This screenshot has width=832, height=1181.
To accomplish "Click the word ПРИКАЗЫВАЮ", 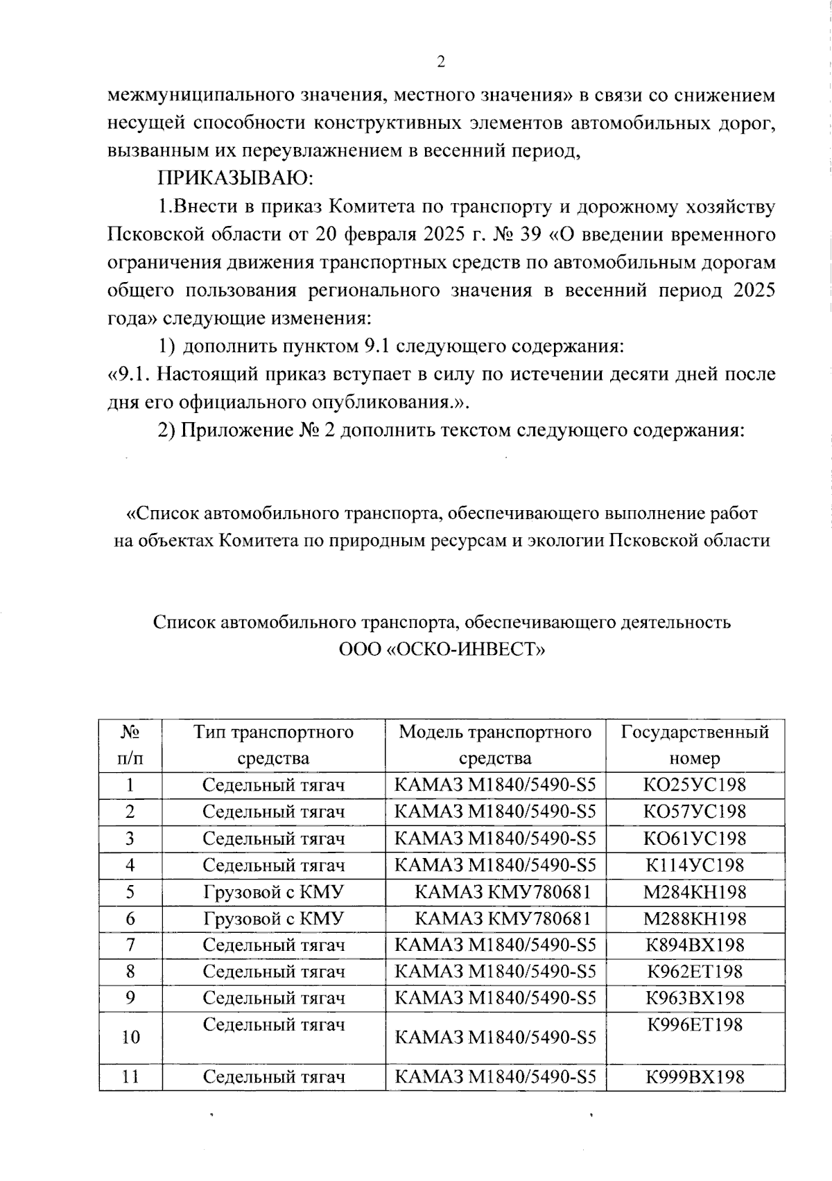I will [x=236, y=179].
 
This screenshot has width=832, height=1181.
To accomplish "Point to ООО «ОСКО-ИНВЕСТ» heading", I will [x=442, y=649].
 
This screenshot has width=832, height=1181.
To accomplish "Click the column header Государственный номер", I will [x=695, y=745].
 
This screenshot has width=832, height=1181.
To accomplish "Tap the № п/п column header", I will [x=130, y=745].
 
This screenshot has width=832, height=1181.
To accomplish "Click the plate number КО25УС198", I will [x=695, y=785].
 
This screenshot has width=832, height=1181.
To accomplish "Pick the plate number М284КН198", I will [x=695, y=892].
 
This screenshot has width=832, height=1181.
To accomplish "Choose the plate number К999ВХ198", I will [x=695, y=1077].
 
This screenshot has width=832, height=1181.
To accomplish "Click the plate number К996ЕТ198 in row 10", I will [x=695, y=1024].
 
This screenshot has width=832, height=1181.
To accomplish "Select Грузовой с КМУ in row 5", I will [x=273, y=892].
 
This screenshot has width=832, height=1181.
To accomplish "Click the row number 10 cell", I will [x=130, y=1038].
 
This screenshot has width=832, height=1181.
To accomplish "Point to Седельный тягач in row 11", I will [x=273, y=1077].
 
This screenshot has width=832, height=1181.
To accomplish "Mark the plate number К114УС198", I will [x=695, y=866].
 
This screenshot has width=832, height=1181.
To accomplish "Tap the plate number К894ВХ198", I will [x=695, y=945].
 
